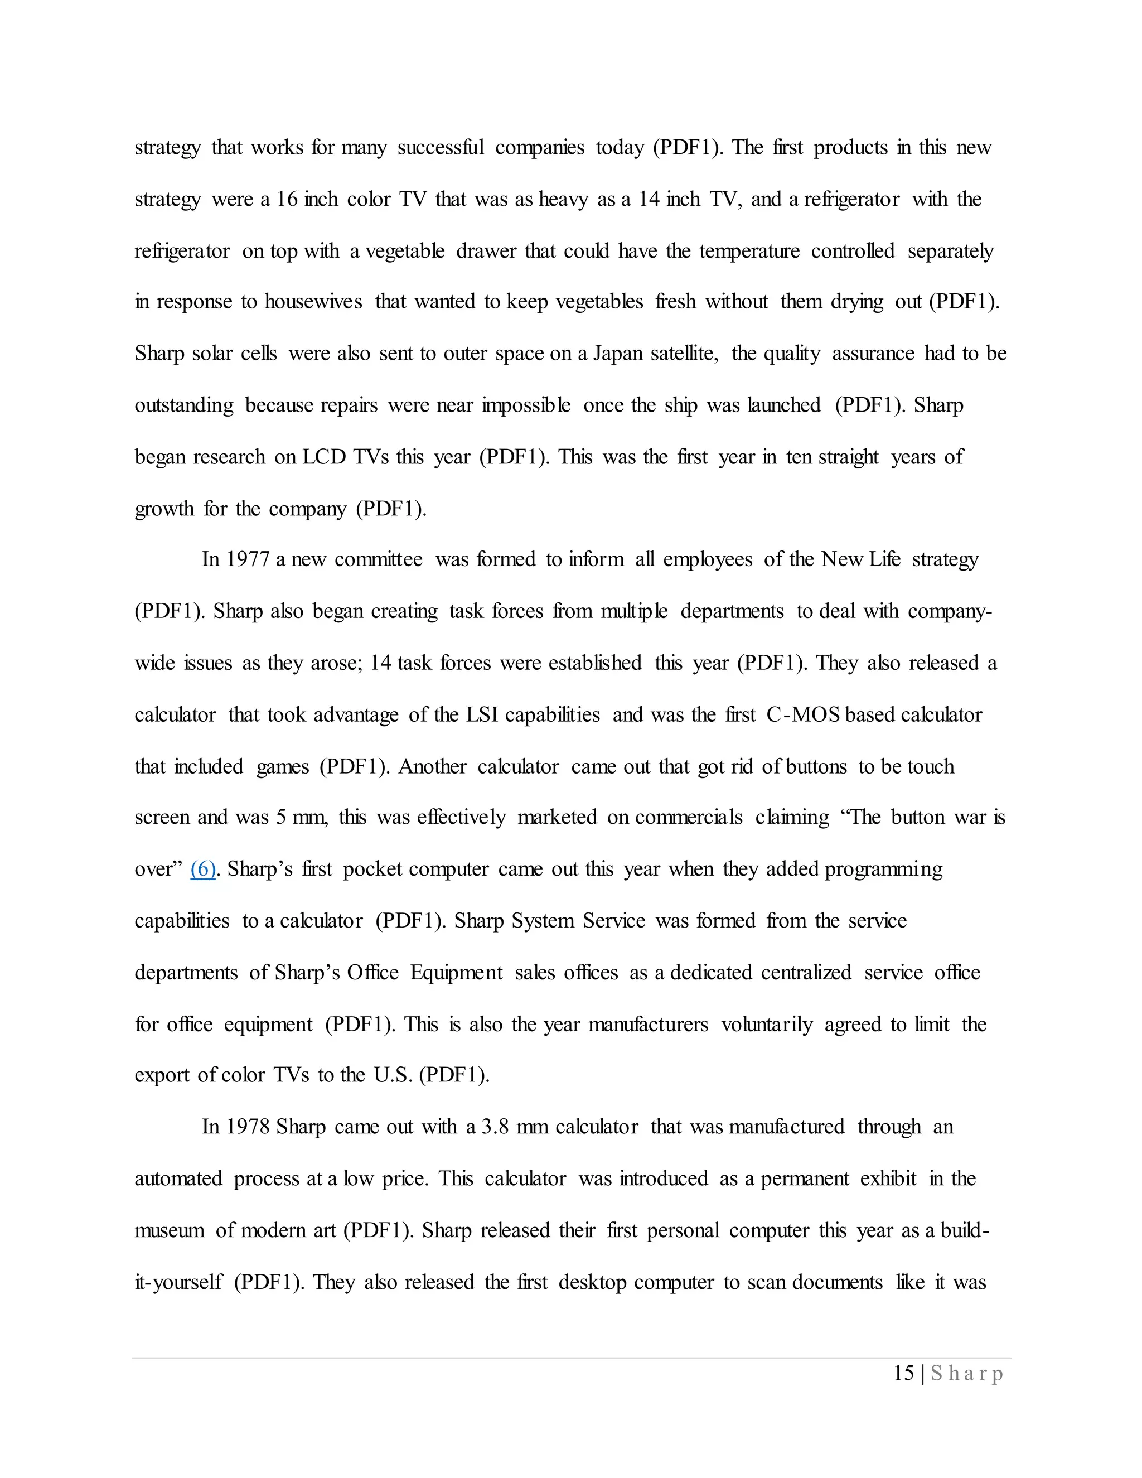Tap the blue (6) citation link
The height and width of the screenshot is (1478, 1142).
(x=203, y=869)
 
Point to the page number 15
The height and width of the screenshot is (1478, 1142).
(x=904, y=1373)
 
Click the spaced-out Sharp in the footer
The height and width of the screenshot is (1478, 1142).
(x=967, y=1373)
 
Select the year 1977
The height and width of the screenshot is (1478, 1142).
(x=248, y=559)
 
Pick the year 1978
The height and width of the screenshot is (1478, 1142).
(x=248, y=1127)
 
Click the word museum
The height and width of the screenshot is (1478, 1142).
(x=169, y=1230)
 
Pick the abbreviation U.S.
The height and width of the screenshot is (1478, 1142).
(x=393, y=1075)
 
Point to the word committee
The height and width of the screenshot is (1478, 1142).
(x=378, y=559)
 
